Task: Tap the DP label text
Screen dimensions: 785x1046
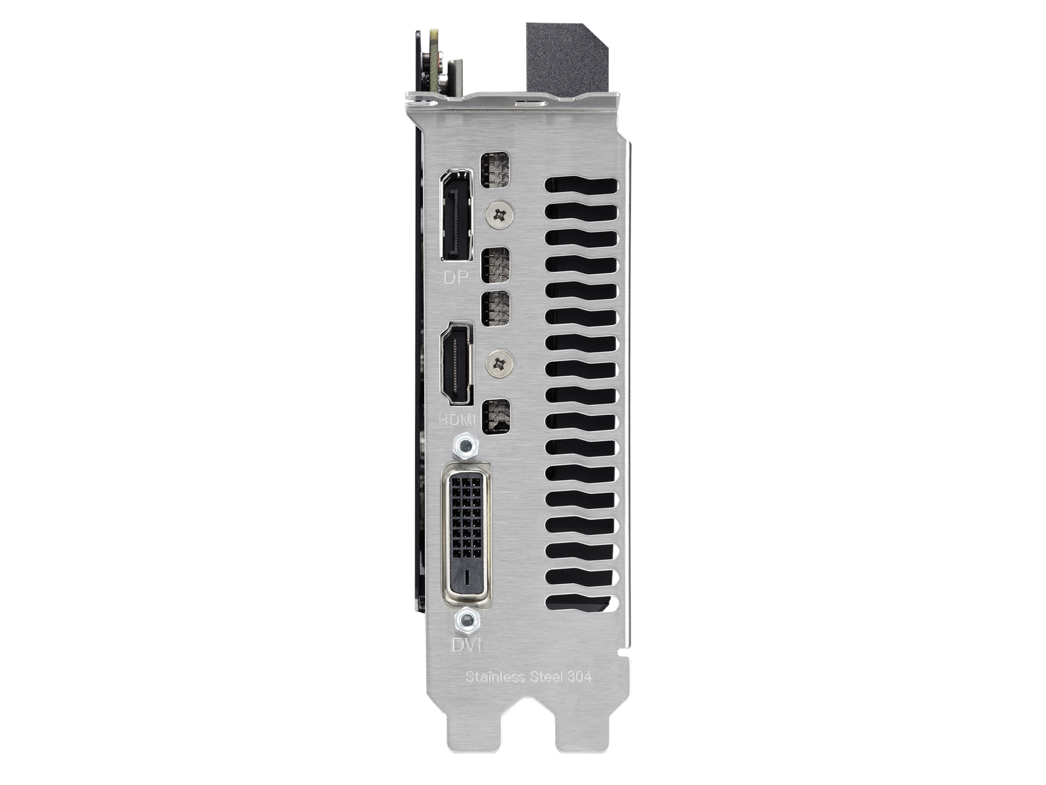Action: (x=457, y=277)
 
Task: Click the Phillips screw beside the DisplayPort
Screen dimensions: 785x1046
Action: (x=501, y=213)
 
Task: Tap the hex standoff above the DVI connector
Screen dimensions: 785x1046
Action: (x=465, y=447)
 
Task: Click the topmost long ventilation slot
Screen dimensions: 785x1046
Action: (x=581, y=187)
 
